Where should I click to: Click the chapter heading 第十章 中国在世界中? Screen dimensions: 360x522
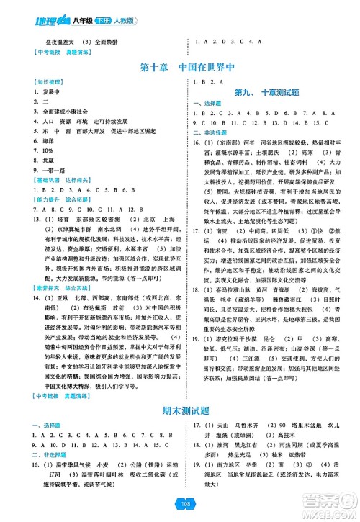(x=179, y=69)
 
